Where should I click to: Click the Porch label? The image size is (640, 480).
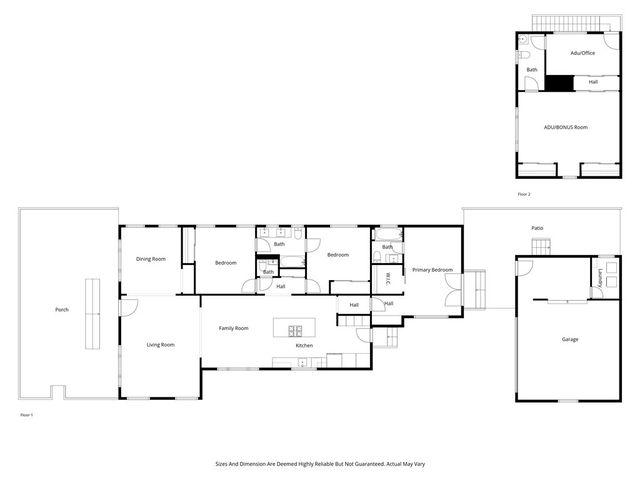click(62, 310)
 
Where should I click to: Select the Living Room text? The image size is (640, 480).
click(161, 345)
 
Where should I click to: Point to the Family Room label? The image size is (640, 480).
click(233, 328)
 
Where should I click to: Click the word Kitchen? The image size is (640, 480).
click(304, 346)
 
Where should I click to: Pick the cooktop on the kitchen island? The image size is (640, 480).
click(295, 330)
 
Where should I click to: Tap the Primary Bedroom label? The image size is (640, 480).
click(433, 270)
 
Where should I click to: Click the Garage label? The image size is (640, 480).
click(568, 339)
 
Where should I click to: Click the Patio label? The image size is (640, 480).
click(537, 228)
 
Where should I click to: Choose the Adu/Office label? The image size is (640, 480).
click(583, 52)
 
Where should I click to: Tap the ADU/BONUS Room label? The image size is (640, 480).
click(565, 128)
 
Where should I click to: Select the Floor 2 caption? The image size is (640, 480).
click(523, 194)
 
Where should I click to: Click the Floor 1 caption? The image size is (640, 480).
click(27, 413)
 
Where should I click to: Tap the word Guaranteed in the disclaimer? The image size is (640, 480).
click(377, 464)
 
